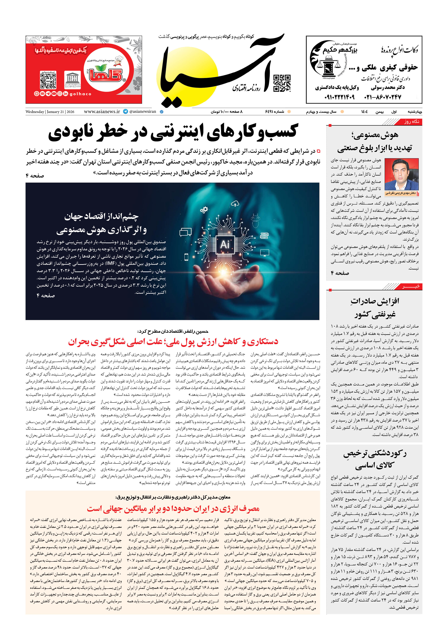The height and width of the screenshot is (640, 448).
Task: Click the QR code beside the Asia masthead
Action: click(282, 83)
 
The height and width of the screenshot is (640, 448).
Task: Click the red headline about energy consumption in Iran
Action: click(173, 509)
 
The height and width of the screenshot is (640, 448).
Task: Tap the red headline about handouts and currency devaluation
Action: click(173, 342)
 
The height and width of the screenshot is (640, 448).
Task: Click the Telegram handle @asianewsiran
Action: click(142, 112)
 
